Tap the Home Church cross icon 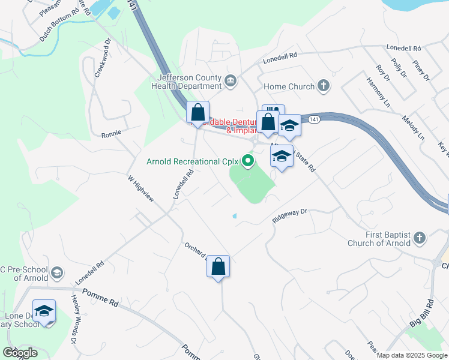point(324,86)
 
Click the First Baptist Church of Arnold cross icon point(420,238)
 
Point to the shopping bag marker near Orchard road point(218,266)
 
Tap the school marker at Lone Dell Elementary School point(44,311)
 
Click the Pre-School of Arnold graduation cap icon point(57,273)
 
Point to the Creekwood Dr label point(103,59)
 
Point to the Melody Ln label point(413,128)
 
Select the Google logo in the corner point(20,353)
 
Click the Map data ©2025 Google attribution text point(412,355)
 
